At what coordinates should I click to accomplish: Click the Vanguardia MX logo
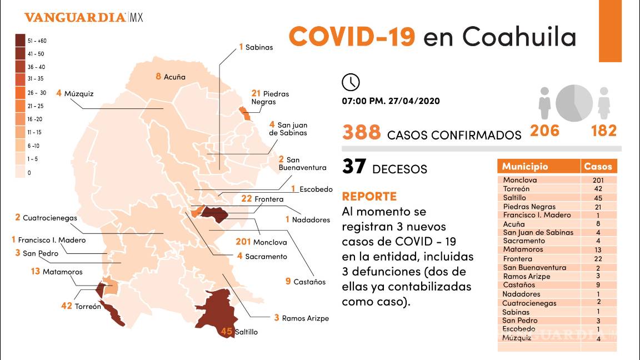pyautogui.click(x=84, y=17)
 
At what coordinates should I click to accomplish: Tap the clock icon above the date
pyautogui.click(x=351, y=82)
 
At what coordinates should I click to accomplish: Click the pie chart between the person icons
pyautogui.click(x=574, y=102)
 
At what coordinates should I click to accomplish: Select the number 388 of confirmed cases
pyautogui.click(x=362, y=133)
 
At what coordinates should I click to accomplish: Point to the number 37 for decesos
pyautogui.click(x=354, y=167)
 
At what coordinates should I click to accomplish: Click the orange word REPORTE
pyautogui.click(x=369, y=196)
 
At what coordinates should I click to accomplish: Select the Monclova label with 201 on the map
pyautogui.click(x=261, y=242)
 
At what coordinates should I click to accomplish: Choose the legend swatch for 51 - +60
pyautogui.click(x=20, y=41)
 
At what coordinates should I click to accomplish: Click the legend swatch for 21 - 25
pyautogui.click(x=20, y=106)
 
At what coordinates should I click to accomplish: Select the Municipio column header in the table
pyautogui.click(x=525, y=166)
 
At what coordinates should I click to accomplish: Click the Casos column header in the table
pyautogui.click(x=598, y=166)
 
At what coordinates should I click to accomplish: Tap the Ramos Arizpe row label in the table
pyautogui.click(x=526, y=276)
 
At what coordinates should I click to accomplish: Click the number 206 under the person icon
pyautogui.click(x=544, y=131)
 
